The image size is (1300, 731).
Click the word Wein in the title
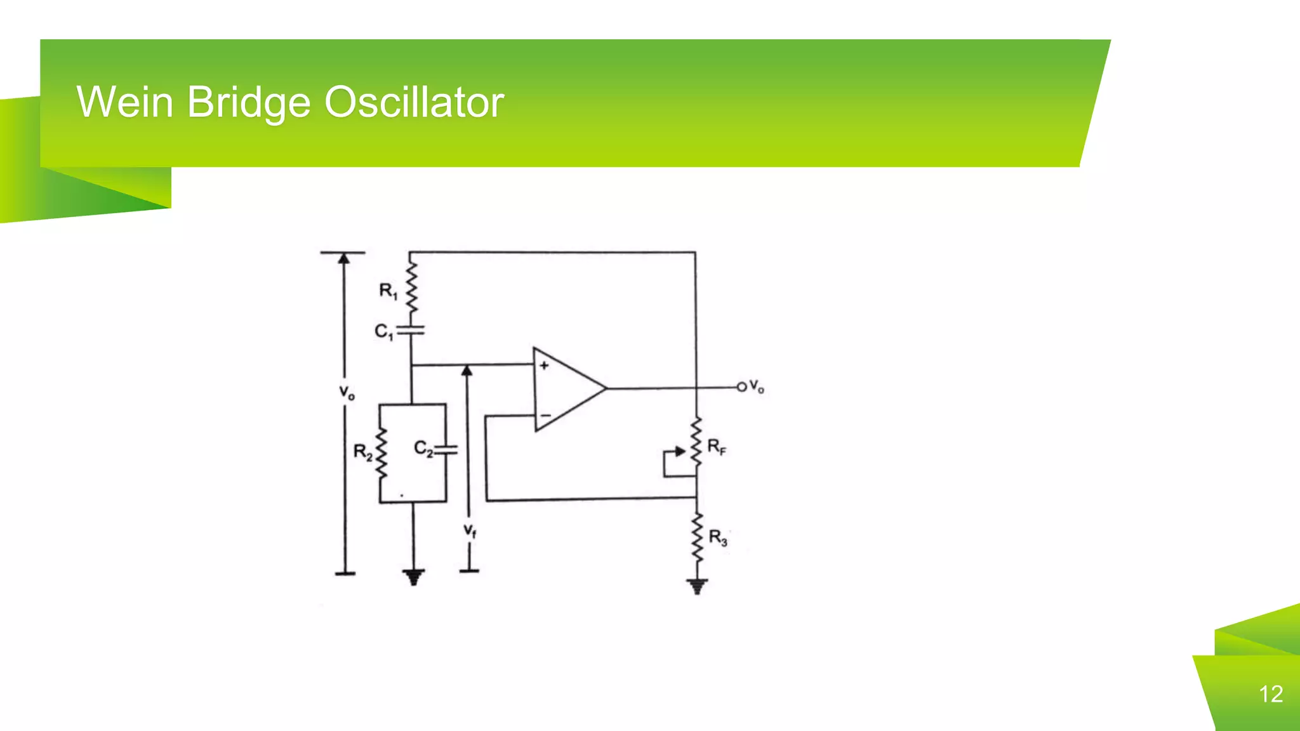click(124, 102)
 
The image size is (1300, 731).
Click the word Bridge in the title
click(249, 103)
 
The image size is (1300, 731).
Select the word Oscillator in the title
click(414, 102)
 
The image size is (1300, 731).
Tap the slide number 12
click(1271, 694)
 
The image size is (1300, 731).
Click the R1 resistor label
click(388, 291)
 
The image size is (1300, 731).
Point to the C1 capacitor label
click(383, 331)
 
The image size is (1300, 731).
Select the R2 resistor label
click(362, 452)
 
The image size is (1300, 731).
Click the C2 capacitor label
click(423, 449)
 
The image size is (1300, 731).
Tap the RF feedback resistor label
click(717, 447)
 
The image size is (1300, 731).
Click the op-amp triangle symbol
click(565, 388)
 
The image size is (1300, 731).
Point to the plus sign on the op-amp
click(544, 365)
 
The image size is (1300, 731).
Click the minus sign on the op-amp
click(545, 416)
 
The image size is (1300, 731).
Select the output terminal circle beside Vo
click(741, 386)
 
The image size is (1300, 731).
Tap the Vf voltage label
click(470, 530)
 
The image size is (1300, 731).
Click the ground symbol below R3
click(697, 586)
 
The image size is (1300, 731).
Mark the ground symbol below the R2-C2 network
click(413, 577)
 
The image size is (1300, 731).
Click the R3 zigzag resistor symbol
click(697, 538)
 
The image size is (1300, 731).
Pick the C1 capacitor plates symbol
click(412, 330)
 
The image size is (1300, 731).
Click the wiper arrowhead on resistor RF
click(680, 451)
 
